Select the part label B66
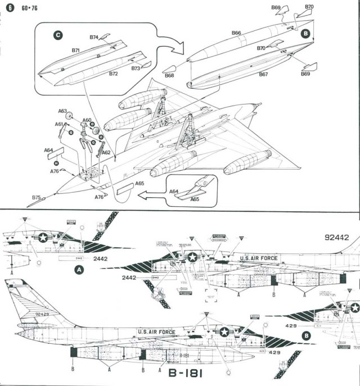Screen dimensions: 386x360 tap(236, 33)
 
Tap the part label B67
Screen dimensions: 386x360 tap(263, 74)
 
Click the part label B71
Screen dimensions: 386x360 tap(76, 51)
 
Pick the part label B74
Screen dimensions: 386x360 tap(94, 38)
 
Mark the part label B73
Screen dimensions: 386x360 tap(136, 68)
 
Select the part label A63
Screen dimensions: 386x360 tap(62, 111)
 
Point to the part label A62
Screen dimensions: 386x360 tap(105, 152)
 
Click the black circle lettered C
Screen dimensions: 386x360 tap(57, 35)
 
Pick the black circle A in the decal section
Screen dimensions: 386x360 tap(79, 270)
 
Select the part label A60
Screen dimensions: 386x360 tap(87, 120)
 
